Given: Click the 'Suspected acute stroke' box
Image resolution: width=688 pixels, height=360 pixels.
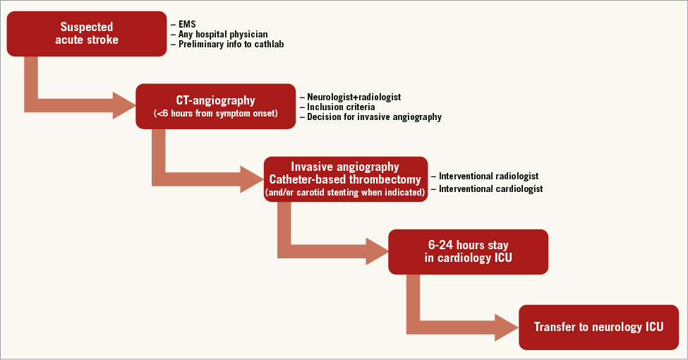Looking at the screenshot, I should pyautogui.click(x=87, y=33).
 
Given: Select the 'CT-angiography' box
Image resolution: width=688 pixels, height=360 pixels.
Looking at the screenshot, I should pyautogui.click(x=215, y=106).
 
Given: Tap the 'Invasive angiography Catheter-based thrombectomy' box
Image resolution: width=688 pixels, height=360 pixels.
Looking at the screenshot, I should pyautogui.click(x=346, y=179).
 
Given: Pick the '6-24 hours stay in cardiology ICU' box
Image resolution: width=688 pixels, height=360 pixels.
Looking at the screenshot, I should pyautogui.click(x=468, y=252).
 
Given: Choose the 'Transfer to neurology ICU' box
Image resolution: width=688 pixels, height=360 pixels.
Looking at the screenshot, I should pyautogui.click(x=598, y=327).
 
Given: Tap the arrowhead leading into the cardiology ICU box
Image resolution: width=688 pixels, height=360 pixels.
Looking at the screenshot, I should pyautogui.click(x=376, y=252).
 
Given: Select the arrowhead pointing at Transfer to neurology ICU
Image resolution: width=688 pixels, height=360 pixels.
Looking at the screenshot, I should pyautogui.click(x=506, y=327).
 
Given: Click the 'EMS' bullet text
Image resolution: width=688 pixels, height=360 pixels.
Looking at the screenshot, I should pyautogui.click(x=186, y=23).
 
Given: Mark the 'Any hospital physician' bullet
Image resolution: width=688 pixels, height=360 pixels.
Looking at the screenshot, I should pyautogui.click(x=219, y=34).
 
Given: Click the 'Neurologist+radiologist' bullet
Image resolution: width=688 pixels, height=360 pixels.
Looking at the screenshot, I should pyautogui.click(x=354, y=97).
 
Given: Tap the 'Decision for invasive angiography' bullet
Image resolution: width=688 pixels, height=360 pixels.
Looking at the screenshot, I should pyautogui.click(x=374, y=117).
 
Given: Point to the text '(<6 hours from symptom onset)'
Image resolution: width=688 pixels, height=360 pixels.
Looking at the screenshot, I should pyautogui.click(x=215, y=114).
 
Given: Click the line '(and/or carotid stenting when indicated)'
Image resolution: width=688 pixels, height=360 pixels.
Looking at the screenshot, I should pyautogui.click(x=346, y=192).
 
